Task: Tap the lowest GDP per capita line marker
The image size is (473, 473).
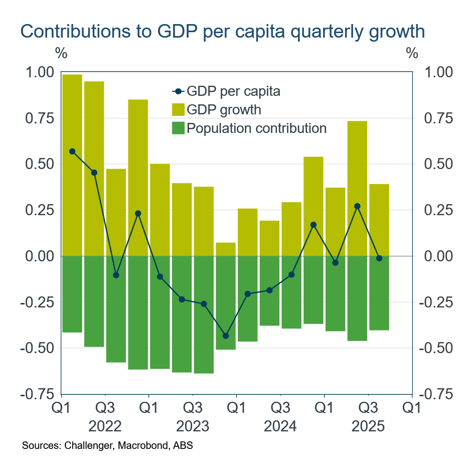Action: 226,336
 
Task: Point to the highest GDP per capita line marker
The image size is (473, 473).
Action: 72,151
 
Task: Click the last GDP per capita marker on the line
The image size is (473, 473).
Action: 379,258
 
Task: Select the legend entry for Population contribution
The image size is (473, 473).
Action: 256,128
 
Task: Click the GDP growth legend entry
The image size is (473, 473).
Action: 224,109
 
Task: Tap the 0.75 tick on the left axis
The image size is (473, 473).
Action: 39,118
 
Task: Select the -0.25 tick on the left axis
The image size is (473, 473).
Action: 36,302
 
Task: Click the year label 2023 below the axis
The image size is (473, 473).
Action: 193,427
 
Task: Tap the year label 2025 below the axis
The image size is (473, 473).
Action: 368,427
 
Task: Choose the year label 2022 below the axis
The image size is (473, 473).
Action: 105,427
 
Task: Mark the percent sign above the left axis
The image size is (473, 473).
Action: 61,52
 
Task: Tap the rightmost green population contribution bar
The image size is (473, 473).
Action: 379,293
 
